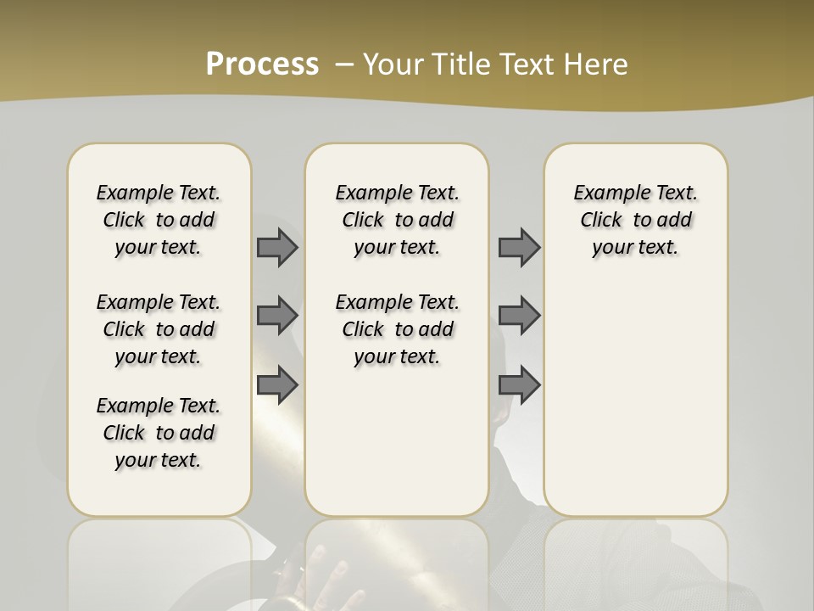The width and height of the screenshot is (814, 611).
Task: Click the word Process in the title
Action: point(262,64)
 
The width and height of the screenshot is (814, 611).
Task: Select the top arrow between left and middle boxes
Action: point(276,247)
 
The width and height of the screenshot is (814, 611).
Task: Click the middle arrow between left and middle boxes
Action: point(276,316)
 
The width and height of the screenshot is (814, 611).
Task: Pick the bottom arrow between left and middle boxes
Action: point(276,385)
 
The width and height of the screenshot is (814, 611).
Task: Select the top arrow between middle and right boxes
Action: point(519,247)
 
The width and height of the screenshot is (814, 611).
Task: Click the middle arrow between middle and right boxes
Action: point(519,316)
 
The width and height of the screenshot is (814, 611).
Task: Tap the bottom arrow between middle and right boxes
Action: point(519,385)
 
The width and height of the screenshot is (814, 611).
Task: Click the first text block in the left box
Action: point(159,220)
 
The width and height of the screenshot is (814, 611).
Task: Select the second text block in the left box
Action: point(159,329)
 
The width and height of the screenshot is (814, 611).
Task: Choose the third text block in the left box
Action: point(159,433)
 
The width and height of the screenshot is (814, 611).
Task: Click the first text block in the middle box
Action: point(397,220)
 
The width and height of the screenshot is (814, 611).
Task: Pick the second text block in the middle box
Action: point(397,329)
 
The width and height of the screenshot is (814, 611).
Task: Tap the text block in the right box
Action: point(635,220)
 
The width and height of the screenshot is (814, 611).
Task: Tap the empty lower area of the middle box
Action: point(397,441)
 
